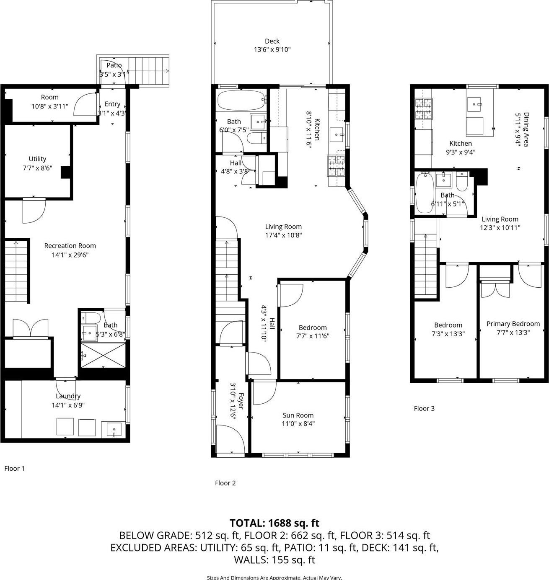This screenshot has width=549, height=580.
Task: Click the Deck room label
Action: (272, 41)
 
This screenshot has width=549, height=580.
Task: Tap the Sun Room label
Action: (298, 415)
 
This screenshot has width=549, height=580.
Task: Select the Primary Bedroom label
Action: (513, 324)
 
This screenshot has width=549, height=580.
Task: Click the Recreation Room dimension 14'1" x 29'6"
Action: (70, 255)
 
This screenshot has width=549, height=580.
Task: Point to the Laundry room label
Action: (68, 396)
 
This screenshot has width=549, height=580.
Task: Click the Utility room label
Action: (37, 159)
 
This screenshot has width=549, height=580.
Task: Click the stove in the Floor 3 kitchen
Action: (423, 108)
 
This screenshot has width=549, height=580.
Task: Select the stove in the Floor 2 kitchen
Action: (337, 165)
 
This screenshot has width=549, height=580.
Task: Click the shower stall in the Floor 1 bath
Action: (103, 355)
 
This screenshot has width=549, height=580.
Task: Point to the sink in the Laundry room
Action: (114, 429)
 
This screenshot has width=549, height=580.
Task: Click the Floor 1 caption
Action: (15, 468)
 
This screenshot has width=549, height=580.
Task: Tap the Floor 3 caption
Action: (424, 408)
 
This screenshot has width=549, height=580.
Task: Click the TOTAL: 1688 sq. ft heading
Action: (274, 523)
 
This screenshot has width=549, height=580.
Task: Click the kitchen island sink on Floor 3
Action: (476, 102)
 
